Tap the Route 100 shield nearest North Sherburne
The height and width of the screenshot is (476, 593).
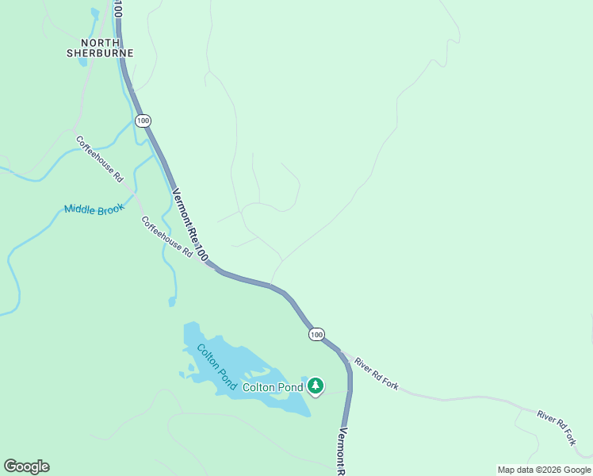[x=142, y=121]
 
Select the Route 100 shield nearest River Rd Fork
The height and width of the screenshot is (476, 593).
[x=316, y=334]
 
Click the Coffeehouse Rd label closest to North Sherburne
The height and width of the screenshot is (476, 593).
[x=100, y=159]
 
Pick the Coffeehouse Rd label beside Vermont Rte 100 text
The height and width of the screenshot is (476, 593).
[x=166, y=236]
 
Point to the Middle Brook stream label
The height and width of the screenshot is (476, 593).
[x=94, y=209]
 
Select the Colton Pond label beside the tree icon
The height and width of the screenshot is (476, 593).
[x=272, y=387]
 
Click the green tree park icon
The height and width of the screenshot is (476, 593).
[x=316, y=386]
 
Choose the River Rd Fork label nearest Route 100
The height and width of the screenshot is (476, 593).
[x=377, y=374]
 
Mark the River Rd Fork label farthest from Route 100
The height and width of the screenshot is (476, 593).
[x=557, y=426]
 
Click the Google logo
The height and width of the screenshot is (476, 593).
[x=26, y=466]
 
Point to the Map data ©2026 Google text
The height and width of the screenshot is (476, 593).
[x=544, y=470]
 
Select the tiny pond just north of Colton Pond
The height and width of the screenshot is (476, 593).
[x=172, y=301]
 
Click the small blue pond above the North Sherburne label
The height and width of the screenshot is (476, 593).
[x=95, y=14]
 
